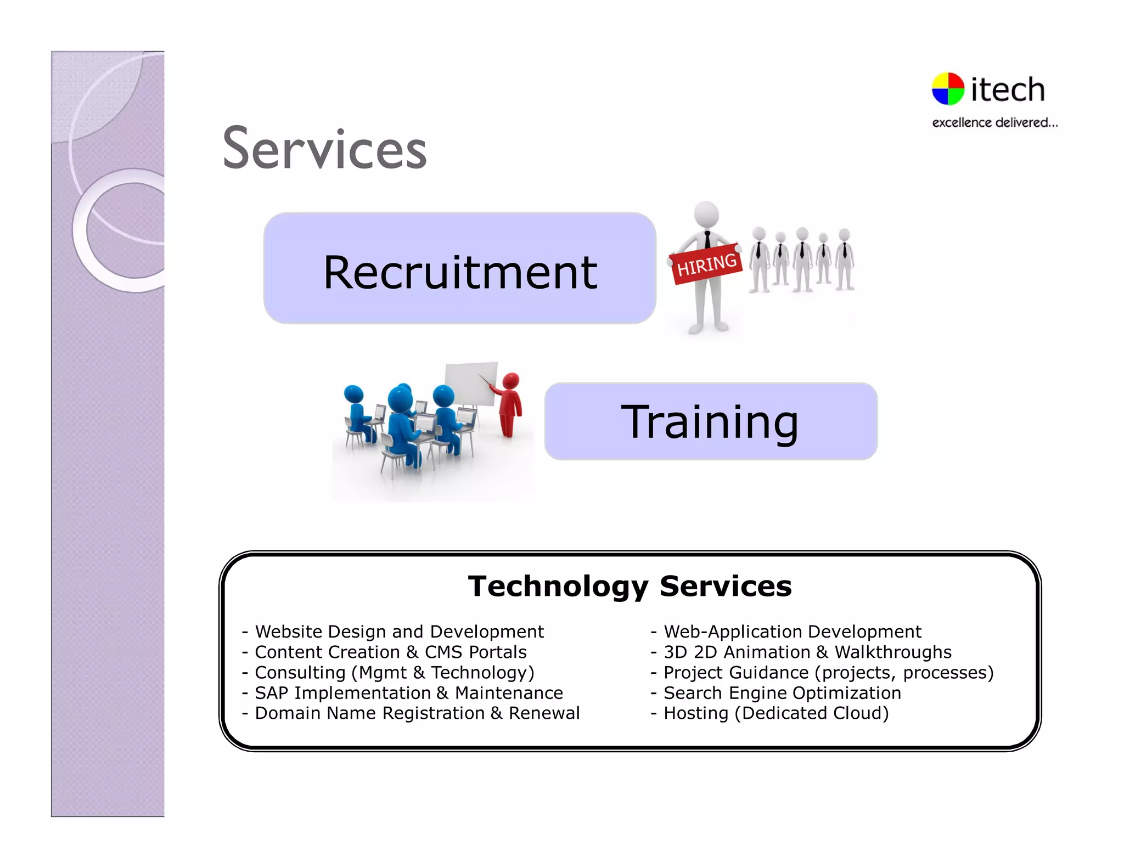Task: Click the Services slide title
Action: pyautogui.click(x=324, y=149)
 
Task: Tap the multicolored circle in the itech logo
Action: pyautogui.click(x=948, y=89)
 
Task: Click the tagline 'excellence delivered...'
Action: pyautogui.click(x=994, y=122)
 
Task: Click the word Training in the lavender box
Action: pyautogui.click(x=710, y=421)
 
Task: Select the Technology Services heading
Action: pyautogui.click(x=630, y=586)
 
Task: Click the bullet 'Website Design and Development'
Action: pyautogui.click(x=399, y=632)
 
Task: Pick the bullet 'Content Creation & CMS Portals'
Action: pyautogui.click(x=390, y=652)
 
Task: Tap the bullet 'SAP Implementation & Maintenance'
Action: pyautogui.click(x=408, y=693)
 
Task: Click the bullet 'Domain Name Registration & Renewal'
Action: pyautogui.click(x=417, y=713)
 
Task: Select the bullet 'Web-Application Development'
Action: pyautogui.click(x=792, y=632)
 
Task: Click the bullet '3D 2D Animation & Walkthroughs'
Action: pyautogui.click(x=807, y=652)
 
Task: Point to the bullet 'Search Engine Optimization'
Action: pyautogui.click(x=782, y=693)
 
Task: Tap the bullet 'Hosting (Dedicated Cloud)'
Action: pyautogui.click(x=775, y=713)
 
